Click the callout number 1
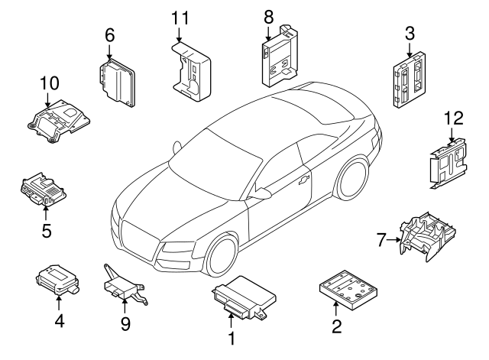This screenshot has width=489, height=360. [230, 336]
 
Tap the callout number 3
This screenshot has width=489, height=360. [410, 33]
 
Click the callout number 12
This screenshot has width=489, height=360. [452, 118]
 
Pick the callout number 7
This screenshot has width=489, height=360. [383, 240]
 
